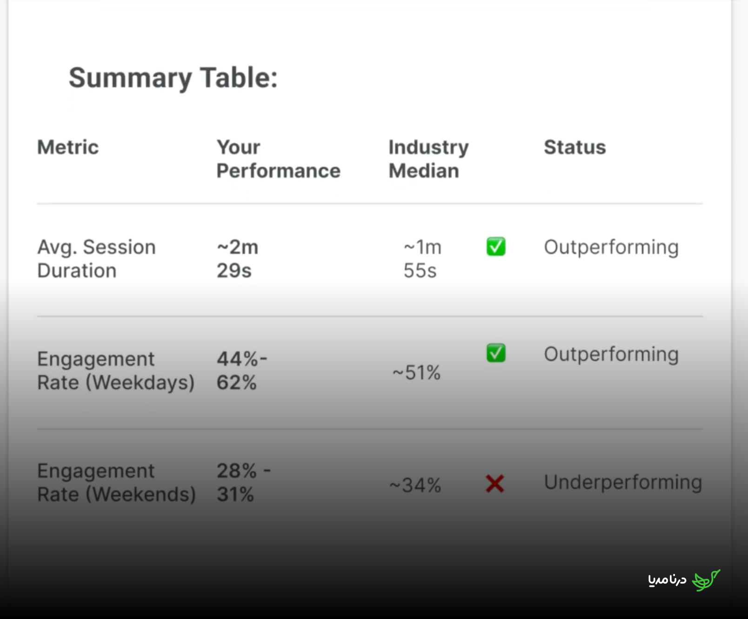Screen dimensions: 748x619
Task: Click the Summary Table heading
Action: (173, 78)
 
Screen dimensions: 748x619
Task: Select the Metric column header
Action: (68, 147)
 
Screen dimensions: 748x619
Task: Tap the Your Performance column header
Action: (278, 159)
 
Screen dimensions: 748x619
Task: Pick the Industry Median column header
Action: (428, 159)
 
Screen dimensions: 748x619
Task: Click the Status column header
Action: (575, 147)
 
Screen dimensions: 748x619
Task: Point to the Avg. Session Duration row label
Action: (96, 259)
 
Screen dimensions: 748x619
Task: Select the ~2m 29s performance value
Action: (237, 259)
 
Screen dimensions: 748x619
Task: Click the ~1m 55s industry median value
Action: (422, 259)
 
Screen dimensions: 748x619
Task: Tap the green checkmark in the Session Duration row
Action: (496, 247)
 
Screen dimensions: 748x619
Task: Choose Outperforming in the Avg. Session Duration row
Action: (611, 248)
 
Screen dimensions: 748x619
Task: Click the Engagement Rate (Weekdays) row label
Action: (116, 371)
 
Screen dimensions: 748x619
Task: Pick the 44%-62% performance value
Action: (242, 371)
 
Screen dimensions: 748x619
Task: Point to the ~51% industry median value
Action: (416, 373)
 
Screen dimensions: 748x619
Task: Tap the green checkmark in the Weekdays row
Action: (496, 353)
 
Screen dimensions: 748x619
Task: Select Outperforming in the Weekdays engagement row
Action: (611, 355)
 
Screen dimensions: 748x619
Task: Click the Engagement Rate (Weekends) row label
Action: (116, 483)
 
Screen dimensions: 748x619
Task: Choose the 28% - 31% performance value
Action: (244, 483)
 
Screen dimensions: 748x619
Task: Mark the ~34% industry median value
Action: (415, 485)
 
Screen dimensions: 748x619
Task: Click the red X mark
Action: (495, 484)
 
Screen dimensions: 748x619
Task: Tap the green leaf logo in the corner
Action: (706, 580)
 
